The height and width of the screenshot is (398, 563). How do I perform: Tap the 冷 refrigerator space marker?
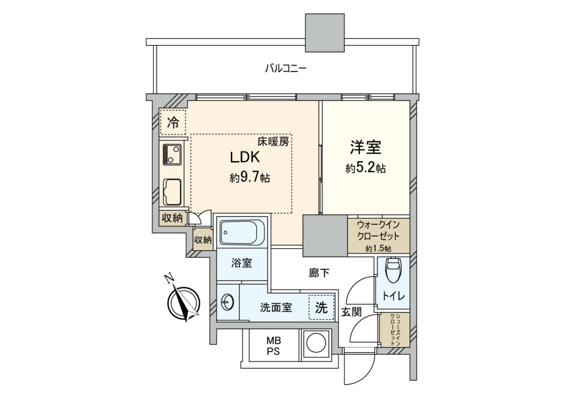[x=173, y=123]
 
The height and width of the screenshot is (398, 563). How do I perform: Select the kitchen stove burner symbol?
[x=172, y=155]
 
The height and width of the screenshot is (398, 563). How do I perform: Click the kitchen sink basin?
[x=172, y=192]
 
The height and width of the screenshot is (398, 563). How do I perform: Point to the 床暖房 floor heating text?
[x=273, y=142]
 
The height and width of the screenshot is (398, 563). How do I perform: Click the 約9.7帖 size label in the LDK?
[x=250, y=177]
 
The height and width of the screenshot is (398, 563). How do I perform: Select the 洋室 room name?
[x=365, y=147]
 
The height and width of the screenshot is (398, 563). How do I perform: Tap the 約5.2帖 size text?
[x=365, y=168]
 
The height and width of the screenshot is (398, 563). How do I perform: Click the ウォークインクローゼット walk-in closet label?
[x=378, y=231]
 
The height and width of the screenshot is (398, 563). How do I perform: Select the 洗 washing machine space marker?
[x=321, y=307]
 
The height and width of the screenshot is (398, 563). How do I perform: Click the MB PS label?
[x=273, y=346]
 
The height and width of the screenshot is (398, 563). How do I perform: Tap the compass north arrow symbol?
[x=184, y=303]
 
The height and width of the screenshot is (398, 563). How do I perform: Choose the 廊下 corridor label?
[x=319, y=273]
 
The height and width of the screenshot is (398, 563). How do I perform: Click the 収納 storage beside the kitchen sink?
[x=172, y=218]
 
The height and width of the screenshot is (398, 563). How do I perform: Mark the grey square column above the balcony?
[x=325, y=33]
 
